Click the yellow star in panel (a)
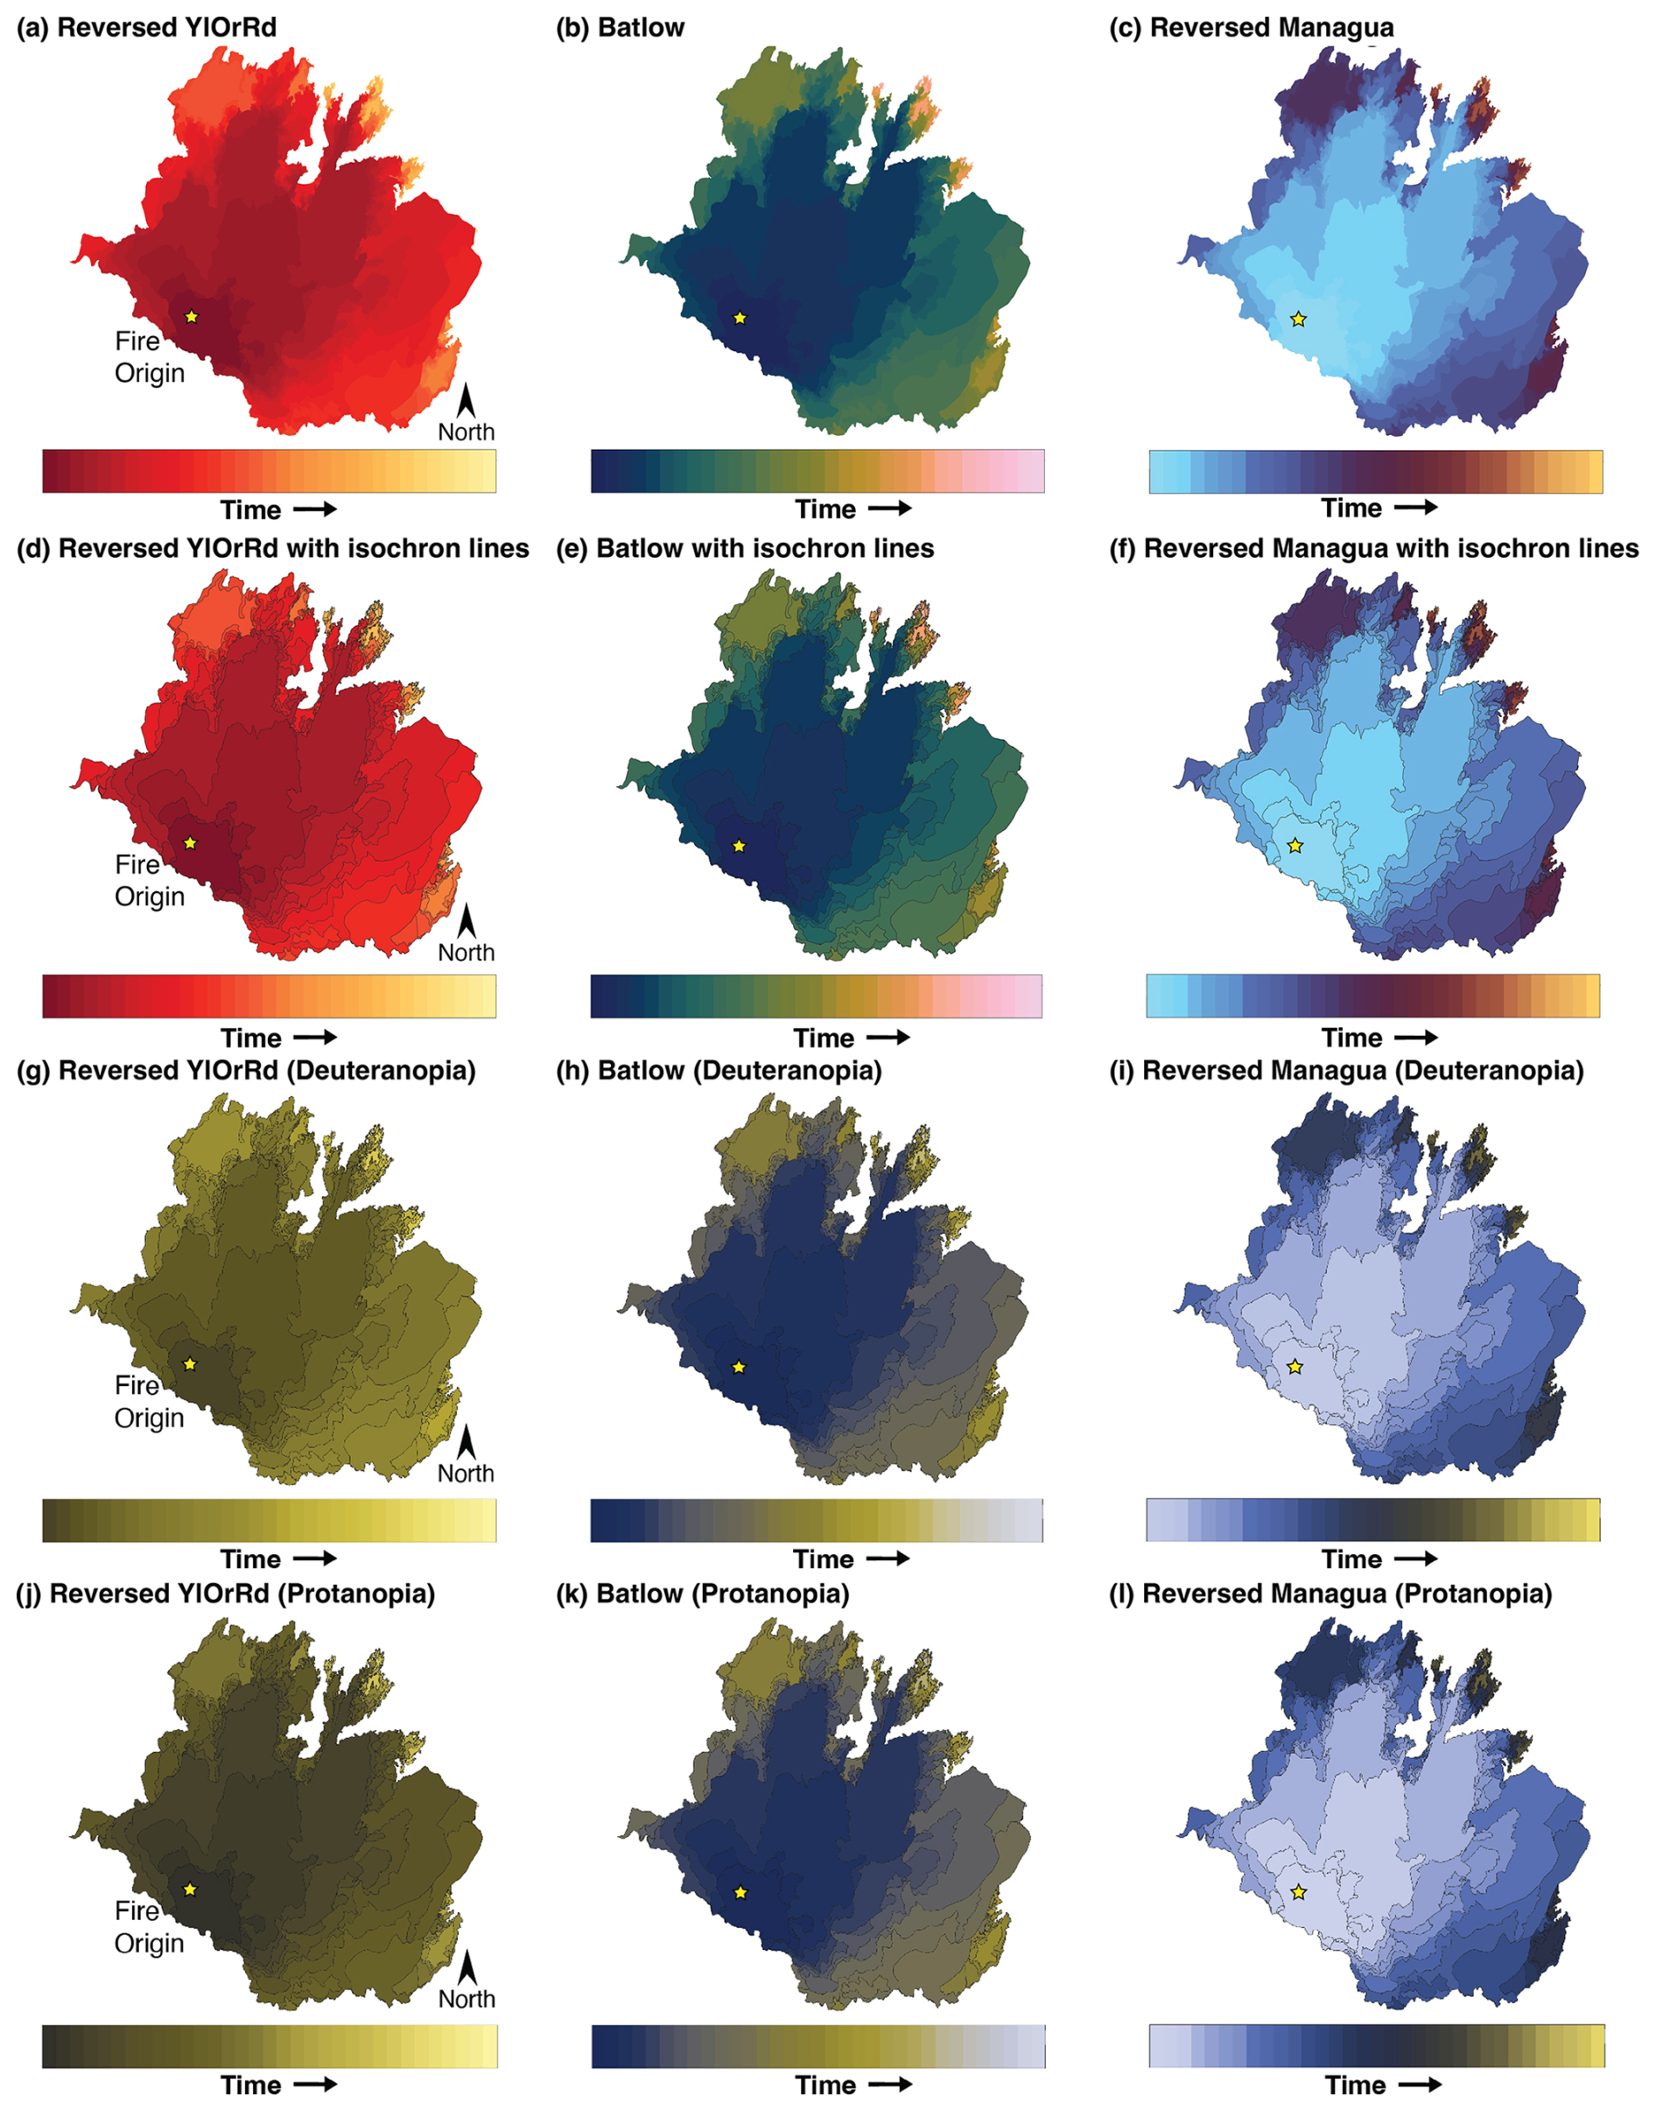point(191,316)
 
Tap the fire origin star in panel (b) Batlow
point(740,317)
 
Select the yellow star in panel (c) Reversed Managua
point(1298,319)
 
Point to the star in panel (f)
point(1295,846)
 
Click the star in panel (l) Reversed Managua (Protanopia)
point(1299,1892)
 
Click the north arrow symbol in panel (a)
point(467,399)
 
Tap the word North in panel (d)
point(467,953)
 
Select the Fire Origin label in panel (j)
point(150,1927)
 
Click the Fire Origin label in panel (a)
point(150,357)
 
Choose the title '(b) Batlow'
point(621,27)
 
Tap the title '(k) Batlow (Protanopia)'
point(703,1594)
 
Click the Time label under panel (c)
point(1351,508)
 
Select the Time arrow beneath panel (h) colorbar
point(888,1559)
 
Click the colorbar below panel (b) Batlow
point(817,471)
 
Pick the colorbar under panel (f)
point(1373,996)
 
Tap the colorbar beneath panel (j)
point(270,2046)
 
